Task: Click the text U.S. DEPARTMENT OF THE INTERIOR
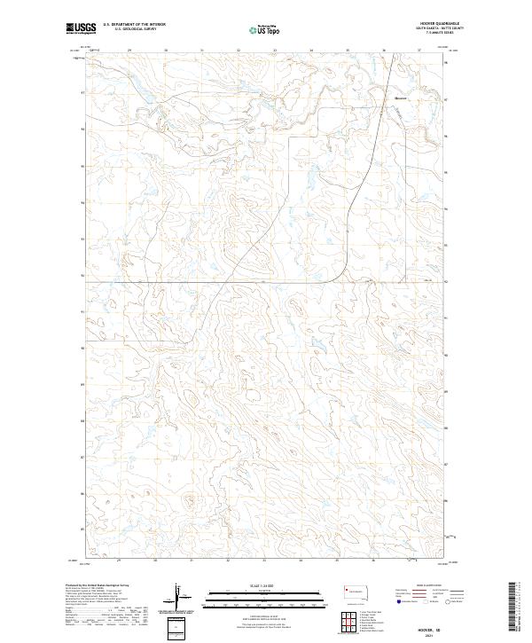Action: [x=134, y=24]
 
